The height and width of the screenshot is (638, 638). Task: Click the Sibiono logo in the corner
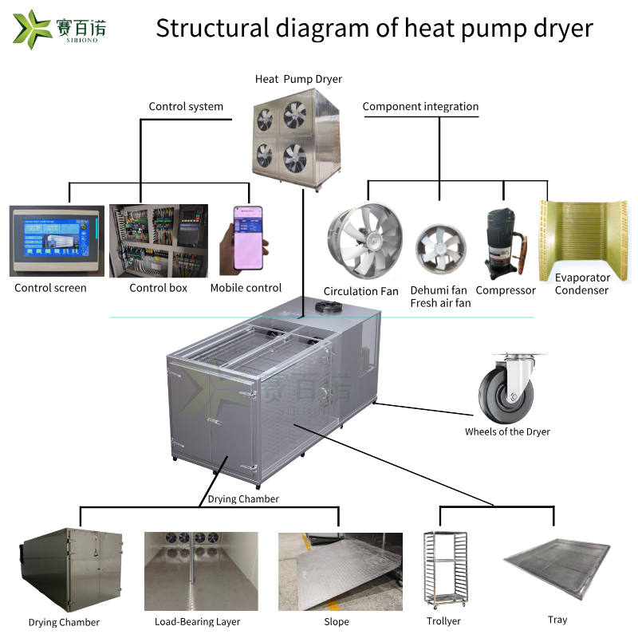coord(60,29)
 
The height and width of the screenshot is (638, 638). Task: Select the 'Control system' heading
coord(186,106)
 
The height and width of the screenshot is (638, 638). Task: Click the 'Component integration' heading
coord(420,106)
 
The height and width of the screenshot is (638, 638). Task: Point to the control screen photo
coord(56,240)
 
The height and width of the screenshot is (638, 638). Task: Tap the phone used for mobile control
coord(246,239)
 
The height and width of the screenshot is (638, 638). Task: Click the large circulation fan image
coord(364,242)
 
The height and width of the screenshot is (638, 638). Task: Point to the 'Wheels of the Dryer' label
coord(507,431)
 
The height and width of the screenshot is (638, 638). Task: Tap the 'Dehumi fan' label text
coord(439,290)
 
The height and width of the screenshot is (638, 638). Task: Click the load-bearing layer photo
coord(201,571)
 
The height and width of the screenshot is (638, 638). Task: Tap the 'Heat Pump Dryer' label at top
coord(298,79)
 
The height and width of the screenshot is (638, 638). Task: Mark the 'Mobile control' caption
coord(246,288)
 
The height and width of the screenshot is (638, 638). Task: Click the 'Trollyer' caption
coord(444,621)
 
